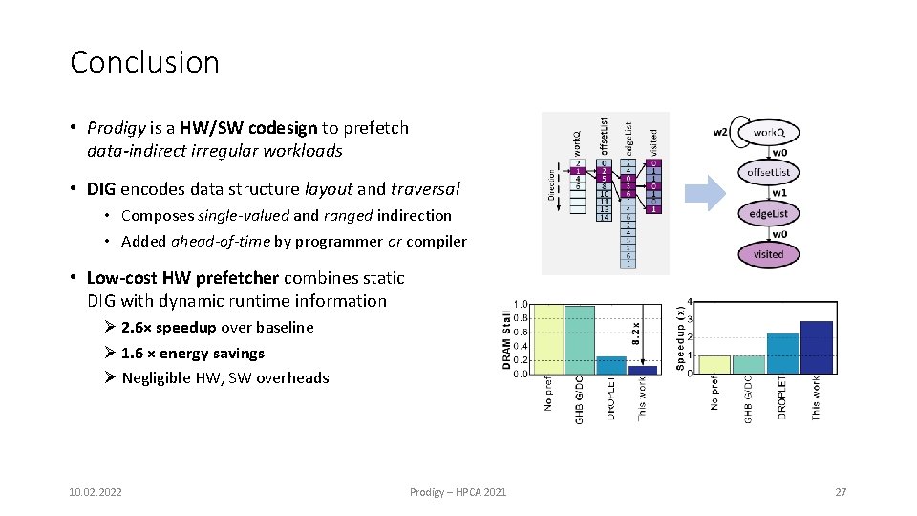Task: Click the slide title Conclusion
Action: coord(144,63)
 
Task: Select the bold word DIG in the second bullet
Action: coord(101,189)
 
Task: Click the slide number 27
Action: coord(841,492)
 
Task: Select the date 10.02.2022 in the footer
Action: coord(96,492)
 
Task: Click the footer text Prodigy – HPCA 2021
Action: coord(458,492)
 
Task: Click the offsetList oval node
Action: coord(768,173)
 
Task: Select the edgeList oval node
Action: coord(768,214)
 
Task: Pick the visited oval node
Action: coord(768,253)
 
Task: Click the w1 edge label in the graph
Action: coord(779,193)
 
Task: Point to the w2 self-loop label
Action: coord(721,131)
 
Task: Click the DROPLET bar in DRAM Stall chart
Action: coord(611,365)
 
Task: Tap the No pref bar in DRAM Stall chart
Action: coord(547,339)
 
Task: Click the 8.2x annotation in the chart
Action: coord(635,331)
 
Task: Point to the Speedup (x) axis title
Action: coord(680,337)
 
